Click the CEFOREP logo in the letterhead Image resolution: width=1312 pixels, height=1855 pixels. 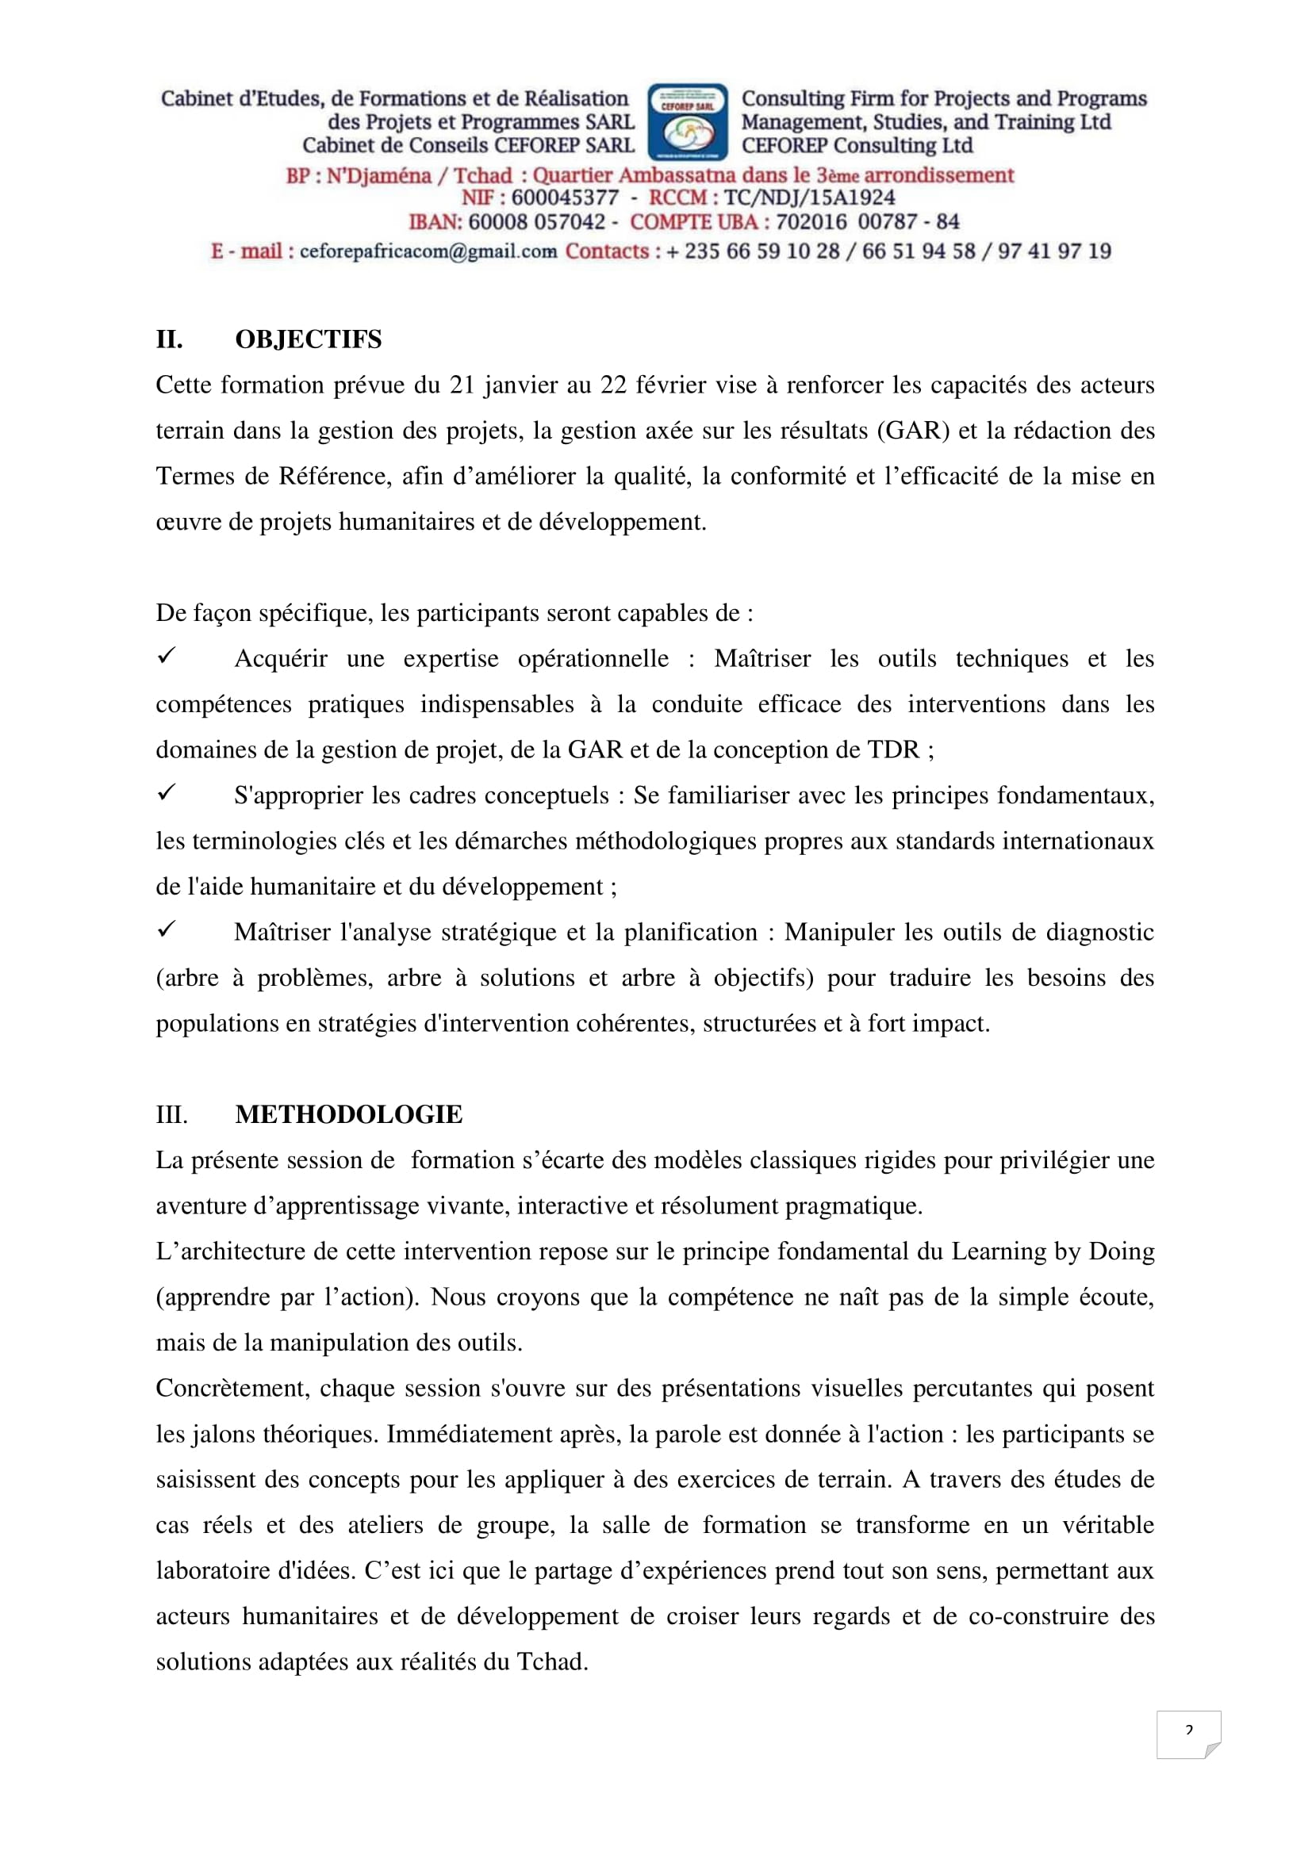point(688,121)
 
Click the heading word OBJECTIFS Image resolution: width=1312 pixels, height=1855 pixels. point(308,339)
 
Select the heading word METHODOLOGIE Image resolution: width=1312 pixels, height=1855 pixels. point(348,1114)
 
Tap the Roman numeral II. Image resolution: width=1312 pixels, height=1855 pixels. point(169,339)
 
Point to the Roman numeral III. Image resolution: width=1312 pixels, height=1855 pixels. point(171,1115)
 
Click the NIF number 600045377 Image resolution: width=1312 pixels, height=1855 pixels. point(564,198)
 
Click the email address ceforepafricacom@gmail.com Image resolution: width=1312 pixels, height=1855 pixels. point(428,251)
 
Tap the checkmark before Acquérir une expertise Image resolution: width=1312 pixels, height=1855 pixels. point(167,656)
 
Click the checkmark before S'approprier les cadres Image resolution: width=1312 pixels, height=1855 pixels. point(167,792)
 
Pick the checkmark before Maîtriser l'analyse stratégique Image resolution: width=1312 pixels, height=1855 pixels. point(167,929)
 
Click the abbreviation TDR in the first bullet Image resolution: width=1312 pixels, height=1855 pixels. point(892,749)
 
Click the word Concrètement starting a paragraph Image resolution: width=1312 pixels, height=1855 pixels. point(231,1388)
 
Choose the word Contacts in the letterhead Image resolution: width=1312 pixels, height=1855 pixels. point(607,251)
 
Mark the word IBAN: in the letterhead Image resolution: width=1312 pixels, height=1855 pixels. point(435,222)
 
